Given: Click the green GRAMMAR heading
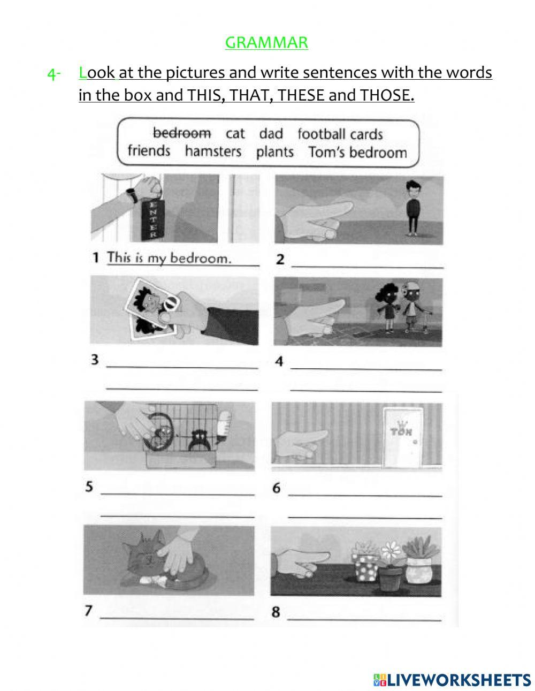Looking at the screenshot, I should tap(266, 42).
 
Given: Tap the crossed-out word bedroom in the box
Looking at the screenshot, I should tap(182, 133).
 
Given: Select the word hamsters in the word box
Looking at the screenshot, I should tap(213, 151).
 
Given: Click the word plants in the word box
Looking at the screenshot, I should tap(274, 152).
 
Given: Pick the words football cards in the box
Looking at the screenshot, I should tap(340, 134).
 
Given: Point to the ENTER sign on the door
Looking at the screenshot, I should tap(152, 220).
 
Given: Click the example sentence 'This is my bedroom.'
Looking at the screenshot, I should tap(169, 258).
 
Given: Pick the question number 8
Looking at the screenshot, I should tap(276, 612).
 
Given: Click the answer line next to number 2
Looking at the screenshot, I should tap(367, 263).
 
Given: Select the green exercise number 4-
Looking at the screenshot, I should tap(54, 74).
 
